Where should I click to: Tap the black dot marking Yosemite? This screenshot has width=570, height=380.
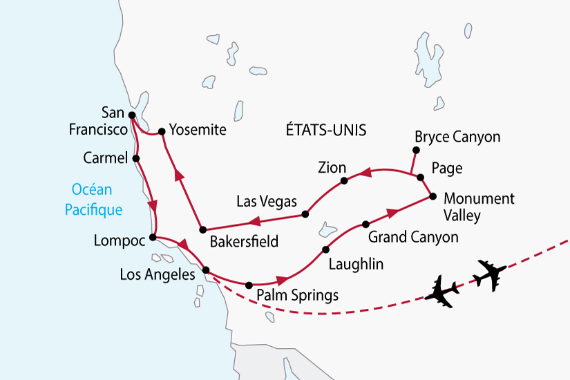(161, 131)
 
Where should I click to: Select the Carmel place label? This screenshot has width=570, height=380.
(104, 158)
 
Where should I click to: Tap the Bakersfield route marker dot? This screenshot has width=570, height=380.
(202, 229)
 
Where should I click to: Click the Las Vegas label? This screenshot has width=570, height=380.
(266, 202)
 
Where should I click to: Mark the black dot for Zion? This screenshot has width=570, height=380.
(343, 181)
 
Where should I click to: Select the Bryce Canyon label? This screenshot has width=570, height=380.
(457, 137)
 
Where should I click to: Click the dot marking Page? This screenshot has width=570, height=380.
(420, 178)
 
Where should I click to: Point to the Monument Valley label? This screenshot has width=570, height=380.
(479, 207)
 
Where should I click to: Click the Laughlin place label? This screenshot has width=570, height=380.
(355, 263)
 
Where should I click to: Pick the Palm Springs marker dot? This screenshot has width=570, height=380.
(249, 284)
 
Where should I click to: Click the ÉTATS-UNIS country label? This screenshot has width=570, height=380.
(325, 130)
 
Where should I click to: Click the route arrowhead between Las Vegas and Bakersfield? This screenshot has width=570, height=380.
(254, 222)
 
